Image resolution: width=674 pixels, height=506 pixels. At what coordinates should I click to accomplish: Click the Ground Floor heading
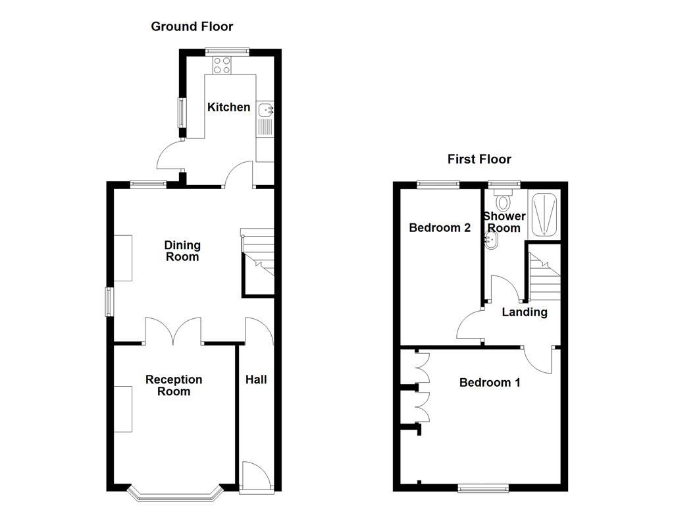(x=192, y=26)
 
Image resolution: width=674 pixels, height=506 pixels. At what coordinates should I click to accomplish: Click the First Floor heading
(x=479, y=159)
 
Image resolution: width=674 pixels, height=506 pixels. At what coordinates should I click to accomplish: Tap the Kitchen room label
(x=229, y=107)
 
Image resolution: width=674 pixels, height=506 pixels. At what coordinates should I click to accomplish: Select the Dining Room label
(x=182, y=251)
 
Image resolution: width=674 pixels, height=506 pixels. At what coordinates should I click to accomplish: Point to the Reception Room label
(x=174, y=385)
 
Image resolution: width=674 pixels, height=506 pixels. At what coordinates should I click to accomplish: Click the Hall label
(x=256, y=379)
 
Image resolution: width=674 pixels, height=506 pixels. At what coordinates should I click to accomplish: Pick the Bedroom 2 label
(x=440, y=228)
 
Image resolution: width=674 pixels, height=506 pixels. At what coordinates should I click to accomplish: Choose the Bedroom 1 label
(x=490, y=383)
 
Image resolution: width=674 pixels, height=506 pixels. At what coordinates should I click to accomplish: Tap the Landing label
(x=525, y=312)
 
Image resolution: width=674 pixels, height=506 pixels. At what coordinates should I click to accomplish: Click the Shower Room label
(x=504, y=222)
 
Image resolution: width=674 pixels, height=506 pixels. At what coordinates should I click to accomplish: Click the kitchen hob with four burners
(x=222, y=65)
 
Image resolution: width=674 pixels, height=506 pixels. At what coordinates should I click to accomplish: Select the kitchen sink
(x=265, y=110)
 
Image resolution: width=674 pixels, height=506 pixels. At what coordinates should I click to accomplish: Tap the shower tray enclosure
(x=544, y=214)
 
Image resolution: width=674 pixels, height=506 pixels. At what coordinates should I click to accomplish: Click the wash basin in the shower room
(x=490, y=242)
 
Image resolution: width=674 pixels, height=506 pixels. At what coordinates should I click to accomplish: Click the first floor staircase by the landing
(x=543, y=273)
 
